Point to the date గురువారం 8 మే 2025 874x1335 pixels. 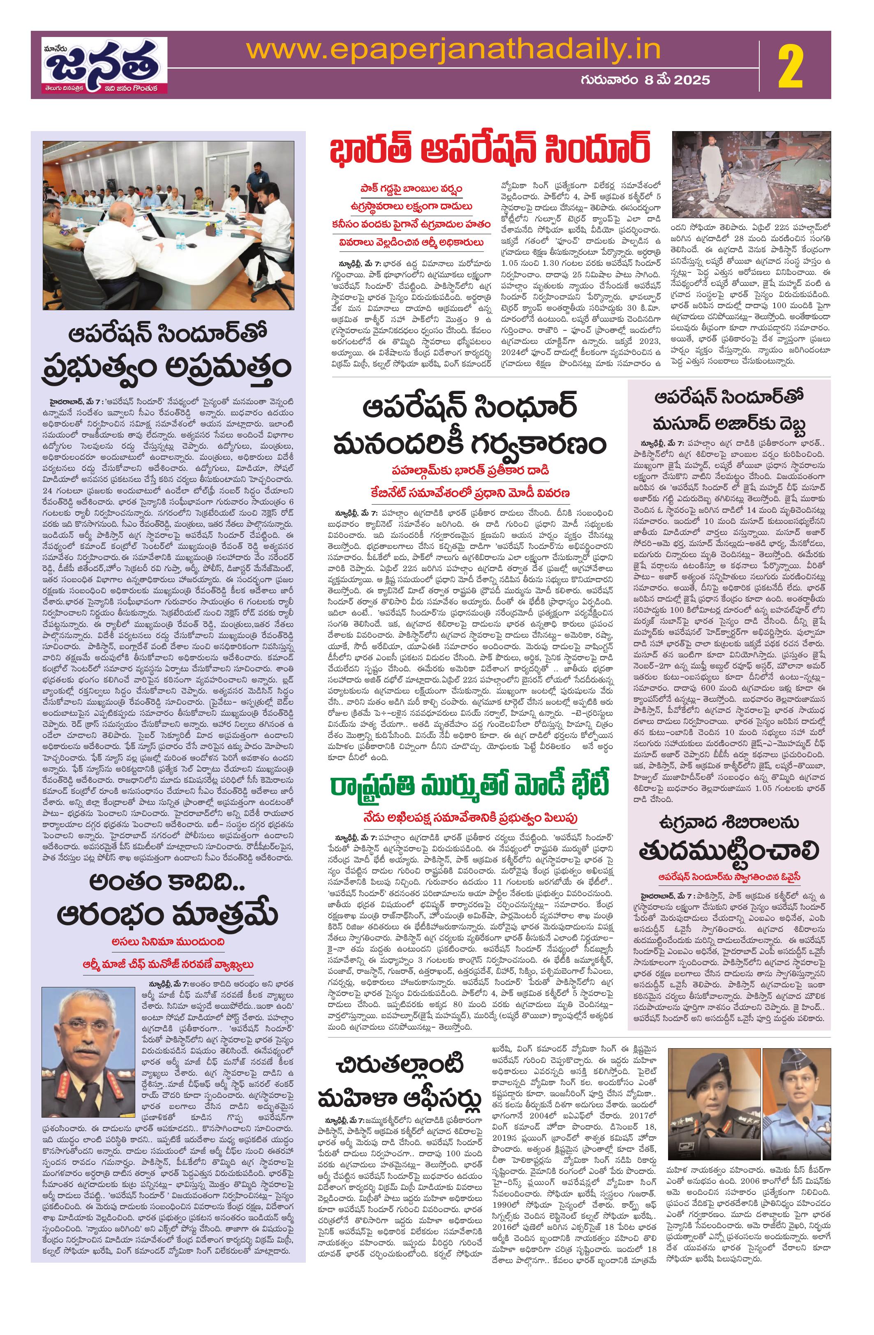pos(645,80)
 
